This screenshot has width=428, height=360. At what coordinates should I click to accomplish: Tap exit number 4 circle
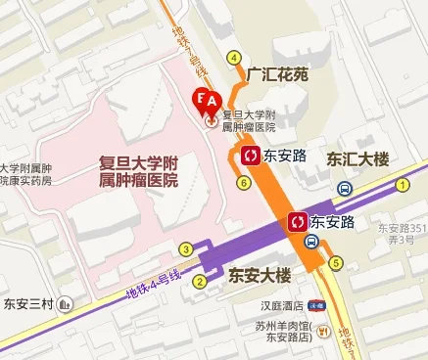pyautogui.click(x=234, y=57)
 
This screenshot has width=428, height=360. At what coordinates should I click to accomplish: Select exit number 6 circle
pyautogui.click(x=244, y=181)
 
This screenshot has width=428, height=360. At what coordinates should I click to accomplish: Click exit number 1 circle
pyautogui.click(x=402, y=184)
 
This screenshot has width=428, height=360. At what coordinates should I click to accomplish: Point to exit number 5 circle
pyautogui.click(x=336, y=262)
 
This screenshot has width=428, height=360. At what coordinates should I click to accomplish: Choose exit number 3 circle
pyautogui.click(x=186, y=248)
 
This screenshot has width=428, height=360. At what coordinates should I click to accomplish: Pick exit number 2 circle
pyautogui.click(x=200, y=283)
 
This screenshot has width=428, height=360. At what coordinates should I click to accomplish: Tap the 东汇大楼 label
pyautogui.click(x=357, y=157)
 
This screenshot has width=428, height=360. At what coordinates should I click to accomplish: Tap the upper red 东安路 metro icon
pyautogui.click(x=248, y=155)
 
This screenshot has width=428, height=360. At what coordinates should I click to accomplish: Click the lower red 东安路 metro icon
pyautogui.click(x=297, y=222)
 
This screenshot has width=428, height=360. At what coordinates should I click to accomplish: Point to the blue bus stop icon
pyautogui.click(x=345, y=188)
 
